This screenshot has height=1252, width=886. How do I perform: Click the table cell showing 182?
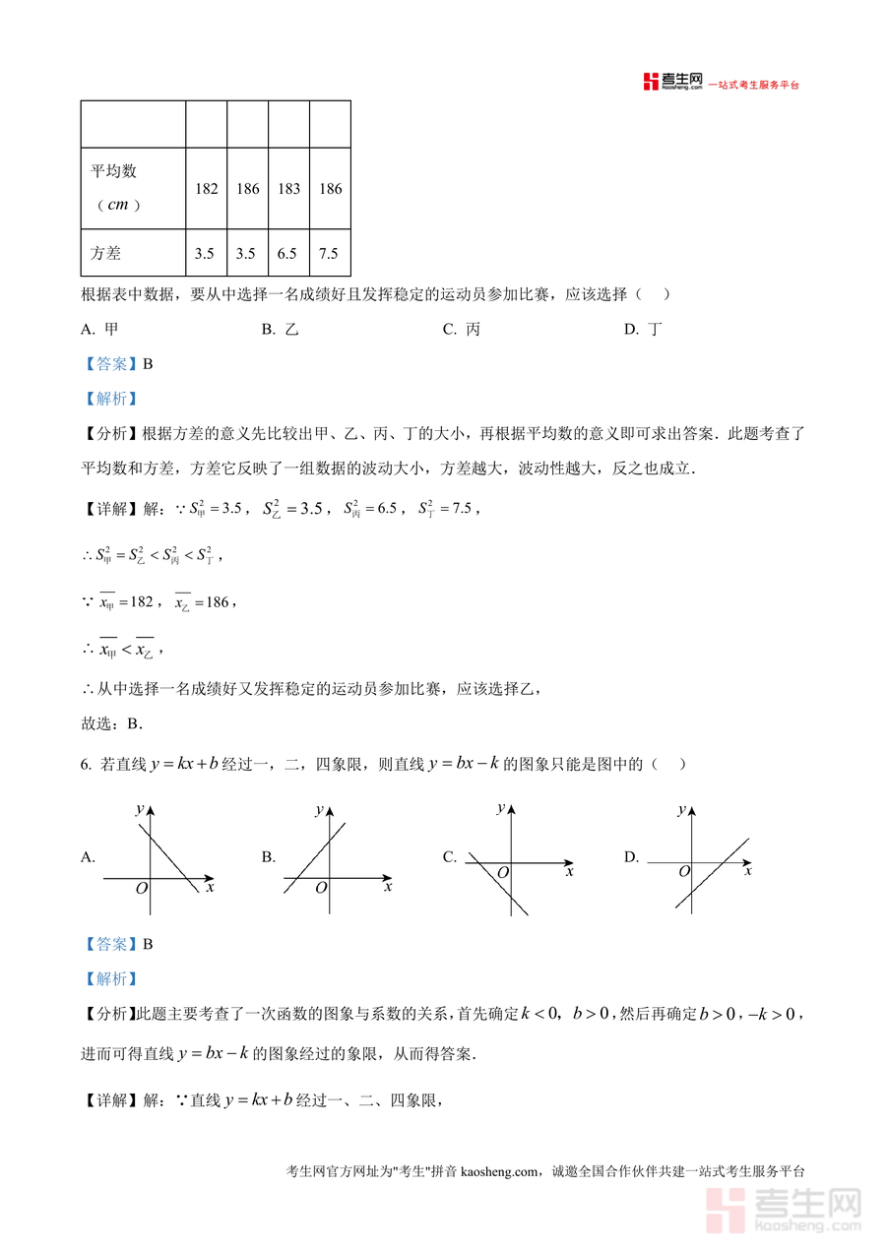(207, 189)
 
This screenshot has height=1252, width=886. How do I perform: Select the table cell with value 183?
(289, 189)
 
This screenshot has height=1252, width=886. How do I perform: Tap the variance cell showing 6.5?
(289, 254)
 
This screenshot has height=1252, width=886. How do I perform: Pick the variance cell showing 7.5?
(331, 254)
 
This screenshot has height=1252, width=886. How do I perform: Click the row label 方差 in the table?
(106, 254)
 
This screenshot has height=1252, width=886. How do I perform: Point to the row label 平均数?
(114, 171)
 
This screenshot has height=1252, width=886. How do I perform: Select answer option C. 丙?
(462, 330)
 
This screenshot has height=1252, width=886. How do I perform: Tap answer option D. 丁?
(643, 330)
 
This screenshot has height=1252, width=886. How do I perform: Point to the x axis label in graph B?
(388, 887)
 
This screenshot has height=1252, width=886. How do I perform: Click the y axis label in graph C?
(501, 807)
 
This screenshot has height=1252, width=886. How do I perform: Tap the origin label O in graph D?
(685, 872)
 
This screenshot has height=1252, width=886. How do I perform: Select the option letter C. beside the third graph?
(450, 857)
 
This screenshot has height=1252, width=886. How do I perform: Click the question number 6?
(88, 764)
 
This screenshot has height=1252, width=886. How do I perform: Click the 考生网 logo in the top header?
(671, 82)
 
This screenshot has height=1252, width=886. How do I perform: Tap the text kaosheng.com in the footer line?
(500, 1171)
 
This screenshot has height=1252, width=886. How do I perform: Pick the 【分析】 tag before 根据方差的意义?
(110, 433)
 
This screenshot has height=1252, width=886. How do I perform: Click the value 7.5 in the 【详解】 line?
(461, 509)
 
